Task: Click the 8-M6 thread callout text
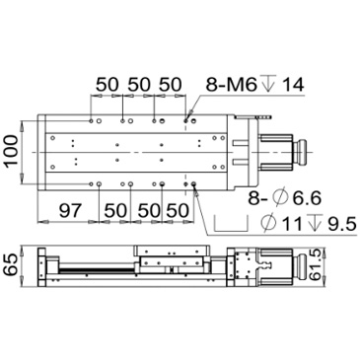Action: [231, 85]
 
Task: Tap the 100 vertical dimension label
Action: [12, 151]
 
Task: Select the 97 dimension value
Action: [70, 210]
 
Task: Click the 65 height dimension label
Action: [10, 264]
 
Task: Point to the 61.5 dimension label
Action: [316, 264]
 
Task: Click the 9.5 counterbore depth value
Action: [342, 225]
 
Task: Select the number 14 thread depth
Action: [293, 85]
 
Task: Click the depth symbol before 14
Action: [268, 83]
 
